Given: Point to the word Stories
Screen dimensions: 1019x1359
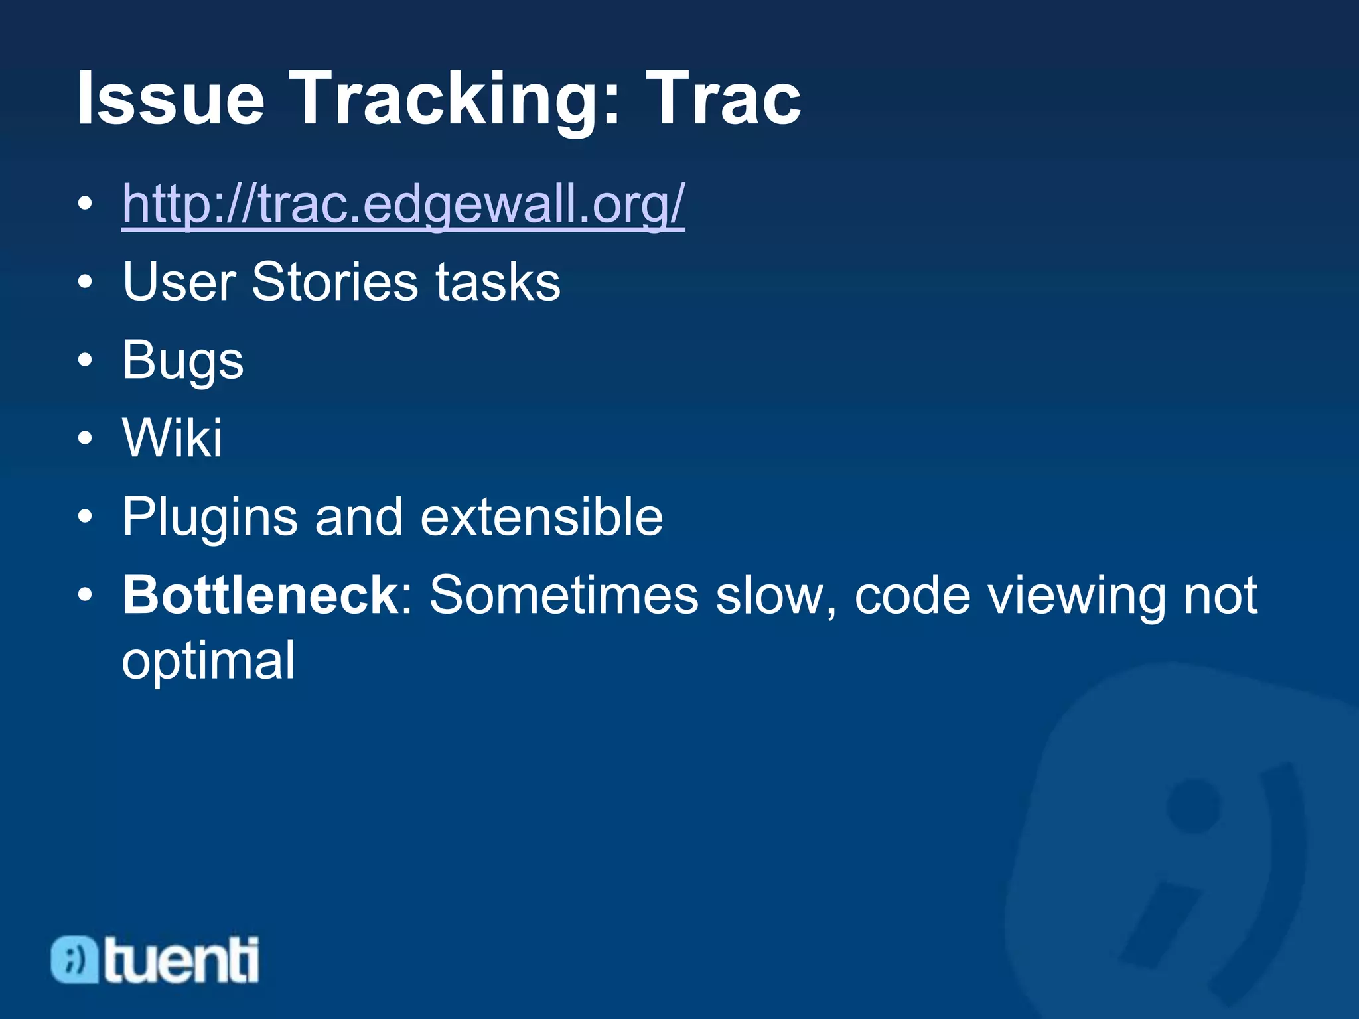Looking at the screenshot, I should [x=335, y=282].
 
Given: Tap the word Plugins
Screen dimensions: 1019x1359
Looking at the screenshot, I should [x=210, y=517].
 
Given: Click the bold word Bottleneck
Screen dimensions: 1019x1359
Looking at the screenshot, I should [x=259, y=594].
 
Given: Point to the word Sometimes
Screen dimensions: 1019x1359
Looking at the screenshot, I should [x=564, y=594].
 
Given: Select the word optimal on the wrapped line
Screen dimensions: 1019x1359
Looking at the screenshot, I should [x=208, y=661].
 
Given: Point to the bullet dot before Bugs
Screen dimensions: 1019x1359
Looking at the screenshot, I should [x=84, y=360].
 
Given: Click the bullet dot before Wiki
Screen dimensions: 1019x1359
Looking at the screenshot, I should [x=84, y=439].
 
